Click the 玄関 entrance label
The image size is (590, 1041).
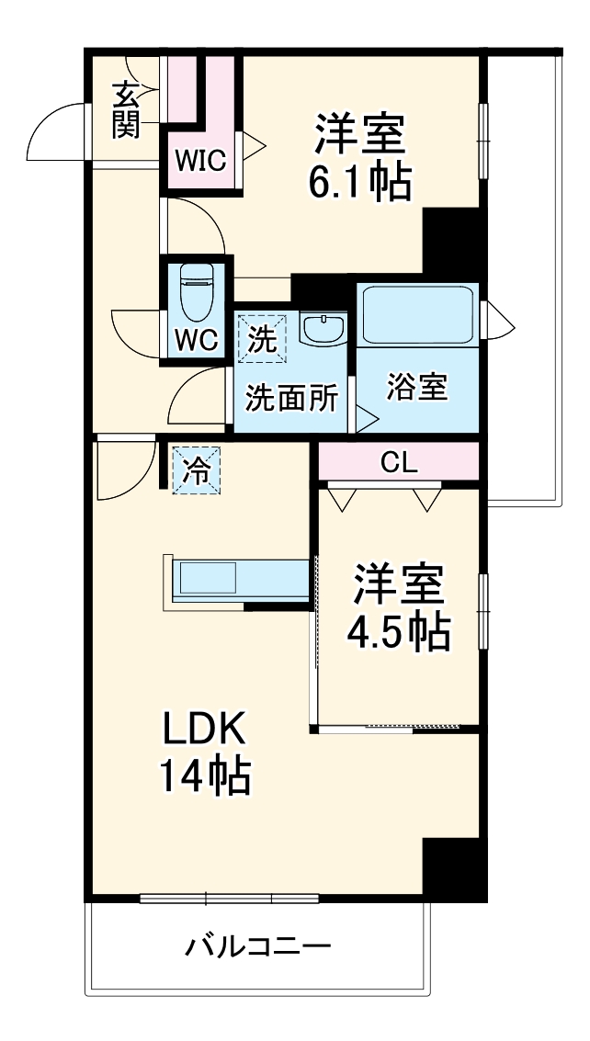126,110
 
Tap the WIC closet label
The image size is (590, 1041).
200,160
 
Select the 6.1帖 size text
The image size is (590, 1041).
358,181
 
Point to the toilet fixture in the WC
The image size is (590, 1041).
197,292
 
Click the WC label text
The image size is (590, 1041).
196,341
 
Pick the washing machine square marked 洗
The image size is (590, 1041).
263,339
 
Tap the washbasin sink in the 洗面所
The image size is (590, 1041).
323,328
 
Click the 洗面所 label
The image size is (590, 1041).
292,399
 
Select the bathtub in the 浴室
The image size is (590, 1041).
418,314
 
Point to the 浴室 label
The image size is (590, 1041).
417,387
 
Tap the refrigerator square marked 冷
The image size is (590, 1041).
197,470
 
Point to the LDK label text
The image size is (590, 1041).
205,730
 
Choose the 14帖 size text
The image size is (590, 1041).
205,775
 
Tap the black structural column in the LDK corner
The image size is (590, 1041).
455,869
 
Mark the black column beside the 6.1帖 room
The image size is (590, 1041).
454,243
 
